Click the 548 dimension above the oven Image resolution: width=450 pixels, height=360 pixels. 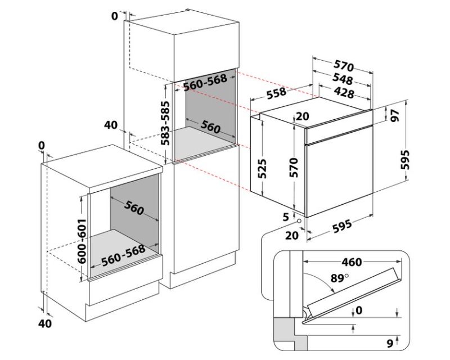[x=343, y=80]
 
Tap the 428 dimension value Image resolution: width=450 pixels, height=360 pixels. [x=343, y=93]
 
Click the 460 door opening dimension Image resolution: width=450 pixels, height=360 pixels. [x=351, y=262]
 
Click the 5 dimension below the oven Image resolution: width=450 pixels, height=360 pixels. [x=286, y=216]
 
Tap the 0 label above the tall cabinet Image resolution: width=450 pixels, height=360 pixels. [x=115, y=16]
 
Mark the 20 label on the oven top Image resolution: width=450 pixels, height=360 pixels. [x=302, y=117]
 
